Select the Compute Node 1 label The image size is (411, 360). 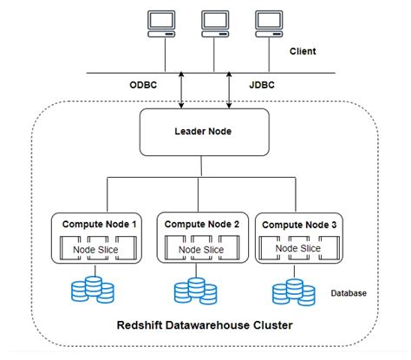click(98, 224)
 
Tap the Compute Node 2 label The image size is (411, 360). click(202, 224)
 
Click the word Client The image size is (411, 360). click(302, 52)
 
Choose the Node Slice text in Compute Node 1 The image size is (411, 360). click(95, 252)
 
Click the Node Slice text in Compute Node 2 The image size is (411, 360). click(200, 252)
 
